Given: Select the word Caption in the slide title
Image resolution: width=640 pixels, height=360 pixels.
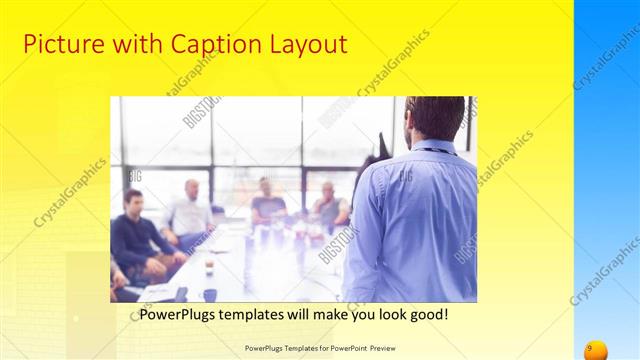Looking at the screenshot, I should point(204,45).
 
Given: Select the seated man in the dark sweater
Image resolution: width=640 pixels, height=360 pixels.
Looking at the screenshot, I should point(135,235).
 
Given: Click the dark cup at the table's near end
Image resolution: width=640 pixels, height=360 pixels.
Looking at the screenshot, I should point(210,294).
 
